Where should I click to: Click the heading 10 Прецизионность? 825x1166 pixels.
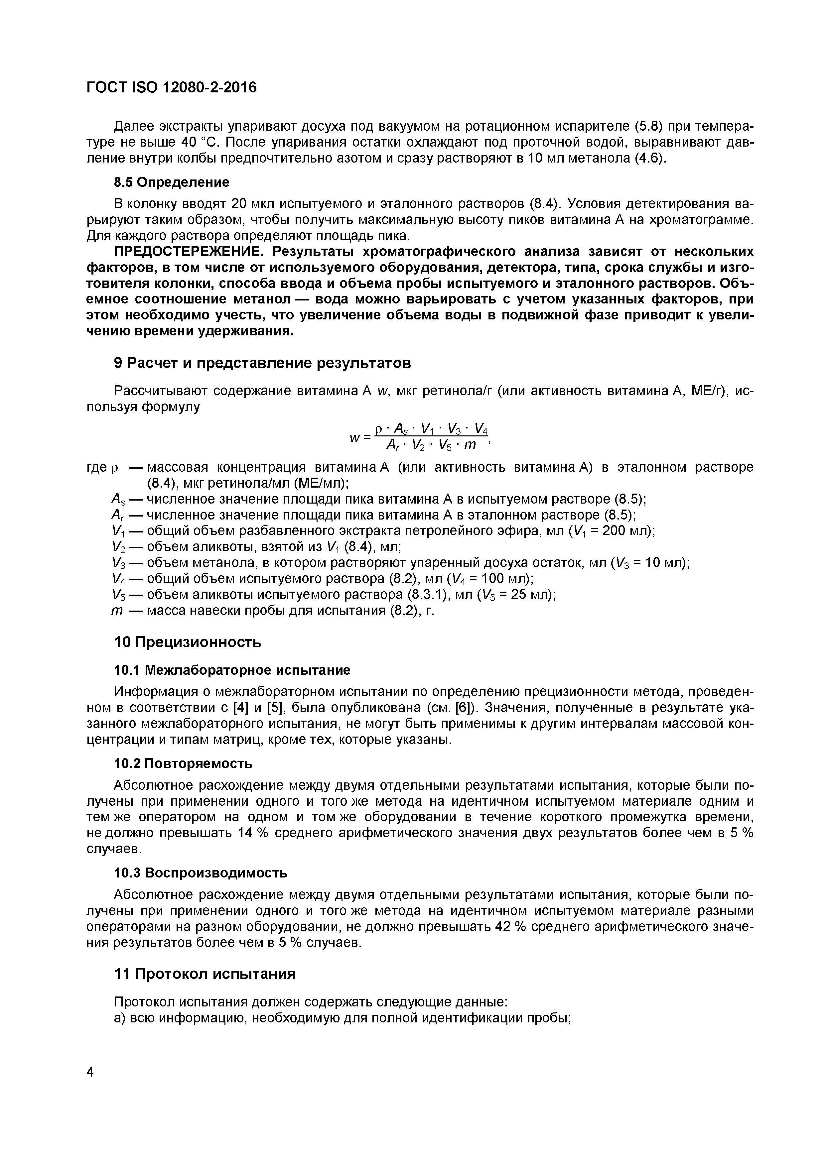coord(188,642)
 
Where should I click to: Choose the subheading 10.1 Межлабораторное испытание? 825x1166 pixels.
coord(232,670)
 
